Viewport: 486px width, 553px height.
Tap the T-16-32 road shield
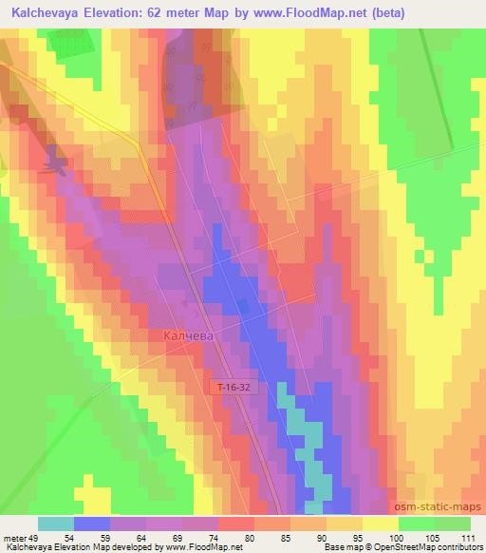pyautogui.click(x=231, y=388)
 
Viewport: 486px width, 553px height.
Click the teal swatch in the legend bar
pyautogui.click(x=56, y=524)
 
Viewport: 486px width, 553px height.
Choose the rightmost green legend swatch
pyautogui.click(x=453, y=524)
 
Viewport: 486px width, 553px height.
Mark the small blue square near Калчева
pyautogui.click(x=244, y=306)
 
